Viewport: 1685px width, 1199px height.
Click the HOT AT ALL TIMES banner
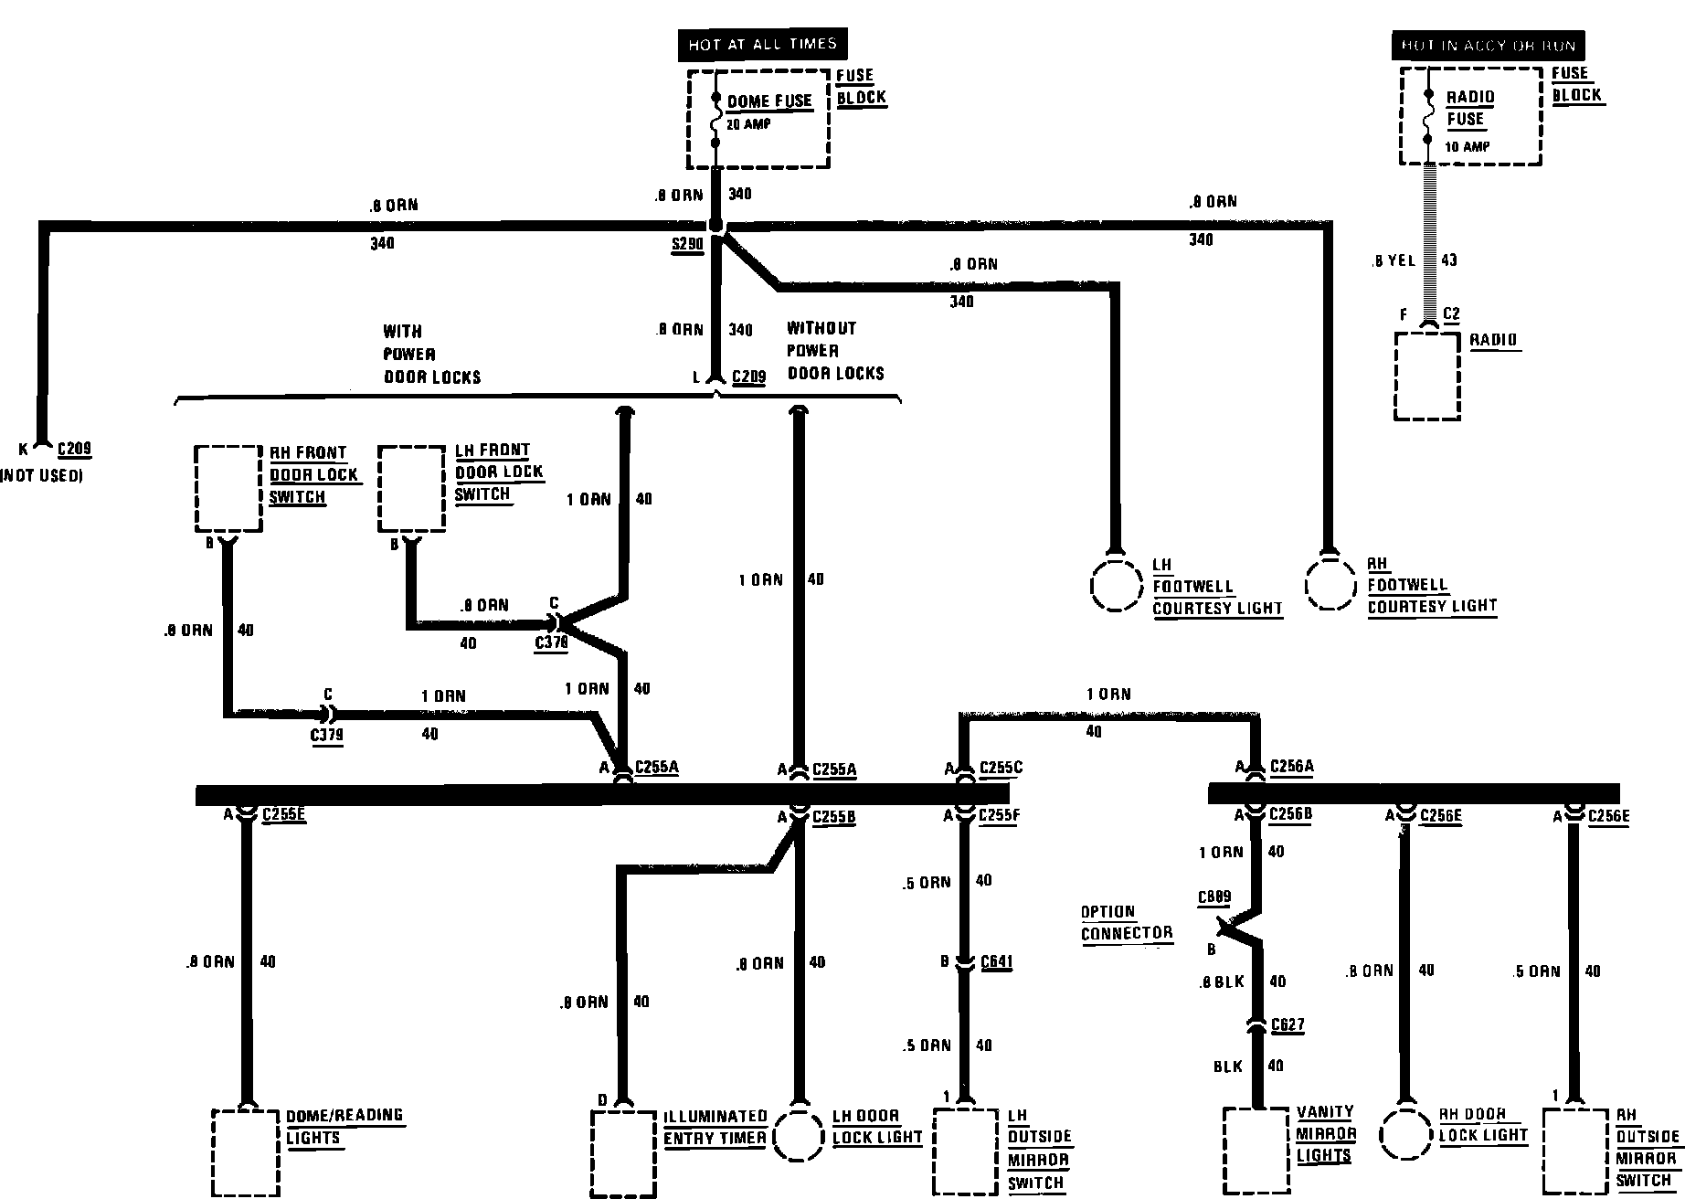762,44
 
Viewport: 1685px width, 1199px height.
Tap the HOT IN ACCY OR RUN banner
1489,46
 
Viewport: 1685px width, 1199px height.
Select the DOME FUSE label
769,101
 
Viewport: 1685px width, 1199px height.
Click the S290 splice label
687,244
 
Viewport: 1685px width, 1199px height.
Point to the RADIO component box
1426,376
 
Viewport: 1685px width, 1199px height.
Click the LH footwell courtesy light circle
1118,584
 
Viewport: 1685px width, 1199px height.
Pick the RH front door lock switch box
228,489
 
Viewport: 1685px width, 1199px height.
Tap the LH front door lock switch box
412,488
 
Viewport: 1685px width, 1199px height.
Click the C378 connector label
551,642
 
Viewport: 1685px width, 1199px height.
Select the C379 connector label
327,735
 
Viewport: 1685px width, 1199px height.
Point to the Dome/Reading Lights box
245,1152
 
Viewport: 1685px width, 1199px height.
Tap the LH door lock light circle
800,1135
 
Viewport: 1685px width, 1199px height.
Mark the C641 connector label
996,961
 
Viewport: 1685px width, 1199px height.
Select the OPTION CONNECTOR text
1126,922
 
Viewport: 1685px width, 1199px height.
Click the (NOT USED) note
42,476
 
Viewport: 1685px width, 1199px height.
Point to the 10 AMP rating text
1468,146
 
